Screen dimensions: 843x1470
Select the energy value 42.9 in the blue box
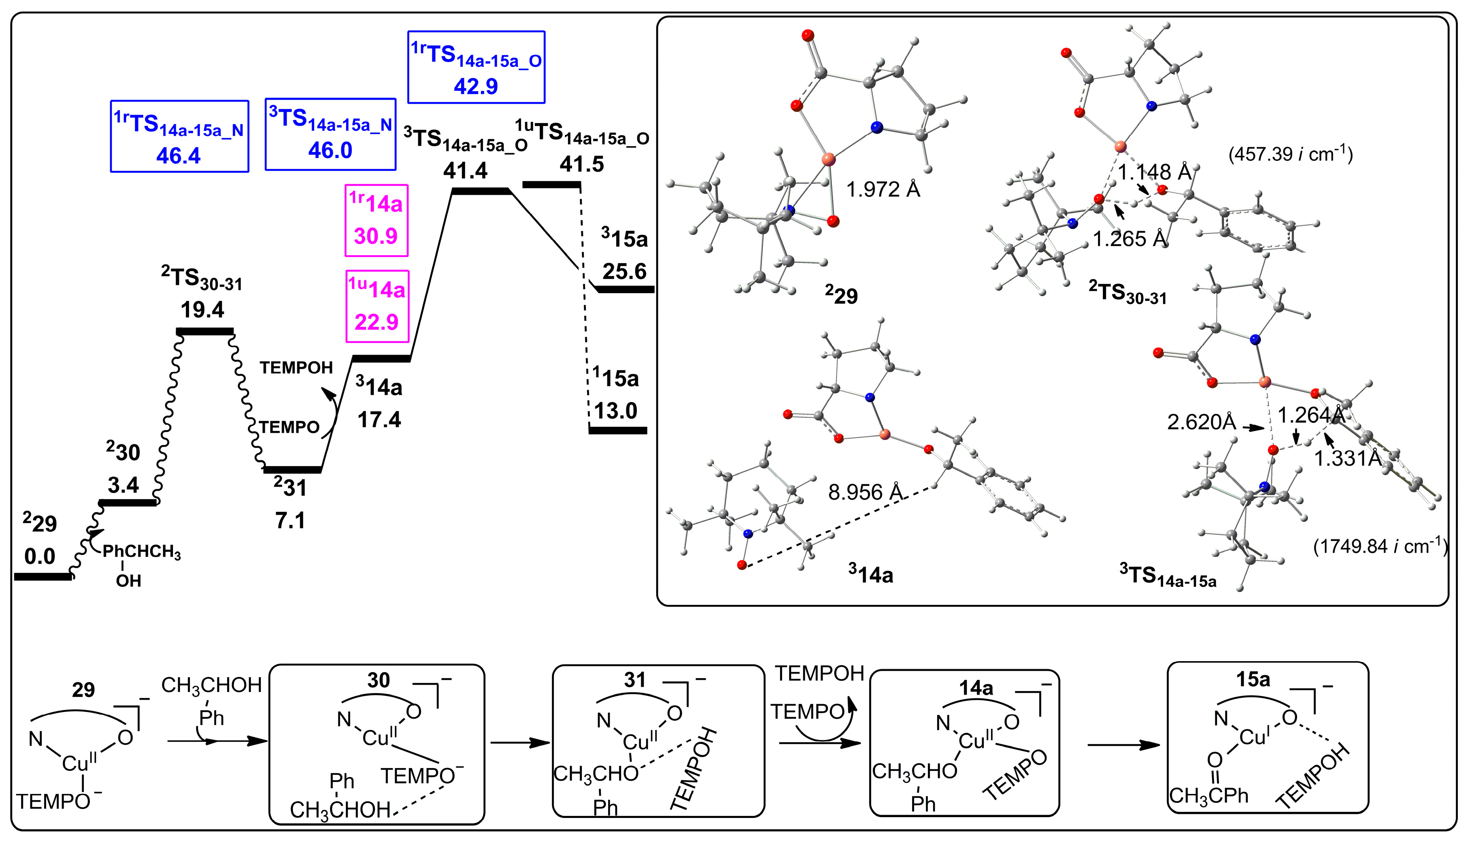click(x=476, y=86)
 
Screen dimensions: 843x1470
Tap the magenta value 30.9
click(x=376, y=236)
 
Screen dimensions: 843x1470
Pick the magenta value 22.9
click(x=377, y=321)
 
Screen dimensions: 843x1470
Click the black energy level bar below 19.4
click(x=205, y=331)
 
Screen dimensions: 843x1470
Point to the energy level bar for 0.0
click(x=42, y=576)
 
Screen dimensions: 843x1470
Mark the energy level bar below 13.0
click(x=617, y=430)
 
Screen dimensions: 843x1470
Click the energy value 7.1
click(x=290, y=521)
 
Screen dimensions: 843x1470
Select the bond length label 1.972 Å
click(x=883, y=189)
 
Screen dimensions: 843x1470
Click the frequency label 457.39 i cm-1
click(x=1291, y=155)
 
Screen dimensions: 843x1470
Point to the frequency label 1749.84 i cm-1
click(x=1380, y=546)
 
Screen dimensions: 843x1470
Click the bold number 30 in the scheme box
click(x=379, y=680)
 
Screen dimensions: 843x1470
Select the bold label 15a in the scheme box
click(x=1253, y=679)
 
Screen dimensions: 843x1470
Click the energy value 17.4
click(x=379, y=419)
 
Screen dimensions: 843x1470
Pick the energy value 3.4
click(x=123, y=485)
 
